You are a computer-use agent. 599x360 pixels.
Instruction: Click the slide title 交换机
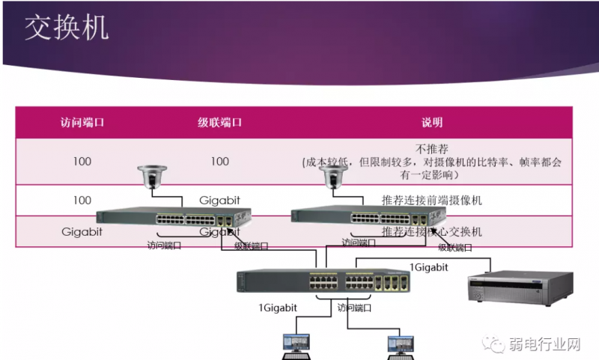click(x=67, y=28)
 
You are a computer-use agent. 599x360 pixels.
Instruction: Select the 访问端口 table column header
click(x=82, y=123)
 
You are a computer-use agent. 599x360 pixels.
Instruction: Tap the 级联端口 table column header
click(x=219, y=123)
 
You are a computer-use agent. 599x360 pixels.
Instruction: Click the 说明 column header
click(x=432, y=123)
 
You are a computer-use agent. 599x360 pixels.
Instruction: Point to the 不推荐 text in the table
click(x=432, y=148)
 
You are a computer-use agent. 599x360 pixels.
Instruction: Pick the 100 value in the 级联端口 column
click(x=219, y=161)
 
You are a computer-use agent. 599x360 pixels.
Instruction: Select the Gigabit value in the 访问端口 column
click(x=82, y=232)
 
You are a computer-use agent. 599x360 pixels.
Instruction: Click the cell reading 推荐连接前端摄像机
click(x=432, y=201)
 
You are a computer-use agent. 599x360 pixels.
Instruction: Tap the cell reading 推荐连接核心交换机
click(x=432, y=232)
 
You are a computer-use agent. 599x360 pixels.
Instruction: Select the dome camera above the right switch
click(x=330, y=177)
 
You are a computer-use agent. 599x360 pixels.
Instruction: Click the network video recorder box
click(x=520, y=287)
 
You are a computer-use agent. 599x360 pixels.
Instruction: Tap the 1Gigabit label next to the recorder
click(x=429, y=266)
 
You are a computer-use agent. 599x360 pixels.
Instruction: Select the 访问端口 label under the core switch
click(x=354, y=307)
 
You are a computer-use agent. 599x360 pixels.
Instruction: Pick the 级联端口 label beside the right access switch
click(x=454, y=247)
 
